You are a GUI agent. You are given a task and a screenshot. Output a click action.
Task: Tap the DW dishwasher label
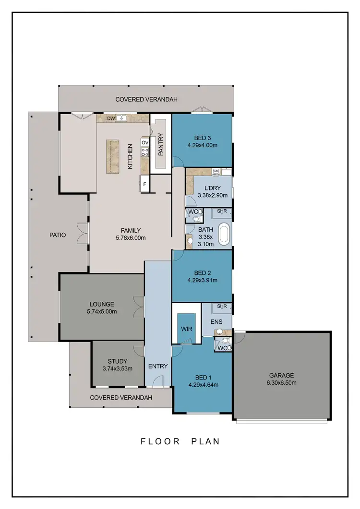[x=111, y=118]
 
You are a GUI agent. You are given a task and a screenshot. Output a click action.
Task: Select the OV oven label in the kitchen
[x=145, y=142]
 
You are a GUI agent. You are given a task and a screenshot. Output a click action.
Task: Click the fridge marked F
[x=144, y=184]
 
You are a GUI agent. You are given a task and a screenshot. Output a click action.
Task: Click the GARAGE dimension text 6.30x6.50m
[x=282, y=383]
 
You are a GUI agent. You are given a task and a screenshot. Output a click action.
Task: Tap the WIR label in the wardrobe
[x=186, y=330]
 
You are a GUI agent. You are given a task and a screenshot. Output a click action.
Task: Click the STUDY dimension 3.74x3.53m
[x=118, y=368]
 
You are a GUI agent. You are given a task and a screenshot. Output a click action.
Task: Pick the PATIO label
[x=57, y=235]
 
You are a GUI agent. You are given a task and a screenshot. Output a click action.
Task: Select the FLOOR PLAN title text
[x=180, y=441]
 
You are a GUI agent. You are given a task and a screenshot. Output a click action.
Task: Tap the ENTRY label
[x=158, y=367]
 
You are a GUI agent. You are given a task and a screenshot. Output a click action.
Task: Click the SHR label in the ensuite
[x=222, y=306]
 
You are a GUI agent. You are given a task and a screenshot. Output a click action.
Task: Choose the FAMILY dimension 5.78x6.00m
[x=131, y=238]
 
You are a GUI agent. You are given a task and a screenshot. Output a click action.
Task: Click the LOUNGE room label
[x=101, y=304]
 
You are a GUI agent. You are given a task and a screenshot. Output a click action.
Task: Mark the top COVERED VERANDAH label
[x=147, y=99]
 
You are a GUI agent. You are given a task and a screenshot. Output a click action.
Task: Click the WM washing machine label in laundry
[x=216, y=171]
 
